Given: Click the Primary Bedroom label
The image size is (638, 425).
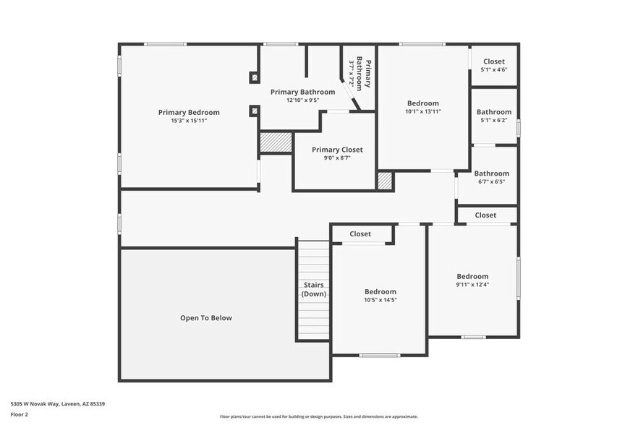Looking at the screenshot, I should pyautogui.click(x=189, y=112).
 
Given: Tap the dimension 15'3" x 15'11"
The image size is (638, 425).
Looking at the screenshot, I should pyautogui.click(x=189, y=121).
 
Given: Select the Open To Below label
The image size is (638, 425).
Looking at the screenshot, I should pyautogui.click(x=206, y=318).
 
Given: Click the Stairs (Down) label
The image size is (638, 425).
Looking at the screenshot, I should pyautogui.click(x=313, y=290).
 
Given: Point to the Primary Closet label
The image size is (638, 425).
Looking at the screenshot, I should pyautogui.click(x=337, y=150).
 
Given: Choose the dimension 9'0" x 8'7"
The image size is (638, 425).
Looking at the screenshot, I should pyautogui.click(x=337, y=158).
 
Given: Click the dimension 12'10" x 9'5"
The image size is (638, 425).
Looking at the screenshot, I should pyautogui.click(x=302, y=100).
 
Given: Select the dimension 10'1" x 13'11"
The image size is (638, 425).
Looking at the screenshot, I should pyautogui.click(x=422, y=112).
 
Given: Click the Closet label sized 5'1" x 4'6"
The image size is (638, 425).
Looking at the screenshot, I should pyautogui.click(x=494, y=61).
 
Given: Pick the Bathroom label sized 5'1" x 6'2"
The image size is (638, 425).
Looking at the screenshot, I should pyautogui.click(x=494, y=112).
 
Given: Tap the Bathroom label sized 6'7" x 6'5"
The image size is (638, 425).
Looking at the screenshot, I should pyautogui.click(x=492, y=173).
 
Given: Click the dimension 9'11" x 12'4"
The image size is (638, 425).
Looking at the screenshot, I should pyautogui.click(x=472, y=285).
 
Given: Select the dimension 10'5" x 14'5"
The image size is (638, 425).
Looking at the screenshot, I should pyautogui.click(x=380, y=300).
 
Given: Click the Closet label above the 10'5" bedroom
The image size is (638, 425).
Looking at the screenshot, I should pyautogui.click(x=360, y=234).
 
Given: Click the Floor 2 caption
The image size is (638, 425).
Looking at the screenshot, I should pyautogui.click(x=19, y=415).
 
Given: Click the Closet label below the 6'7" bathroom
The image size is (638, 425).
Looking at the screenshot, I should pyautogui.click(x=485, y=215).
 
